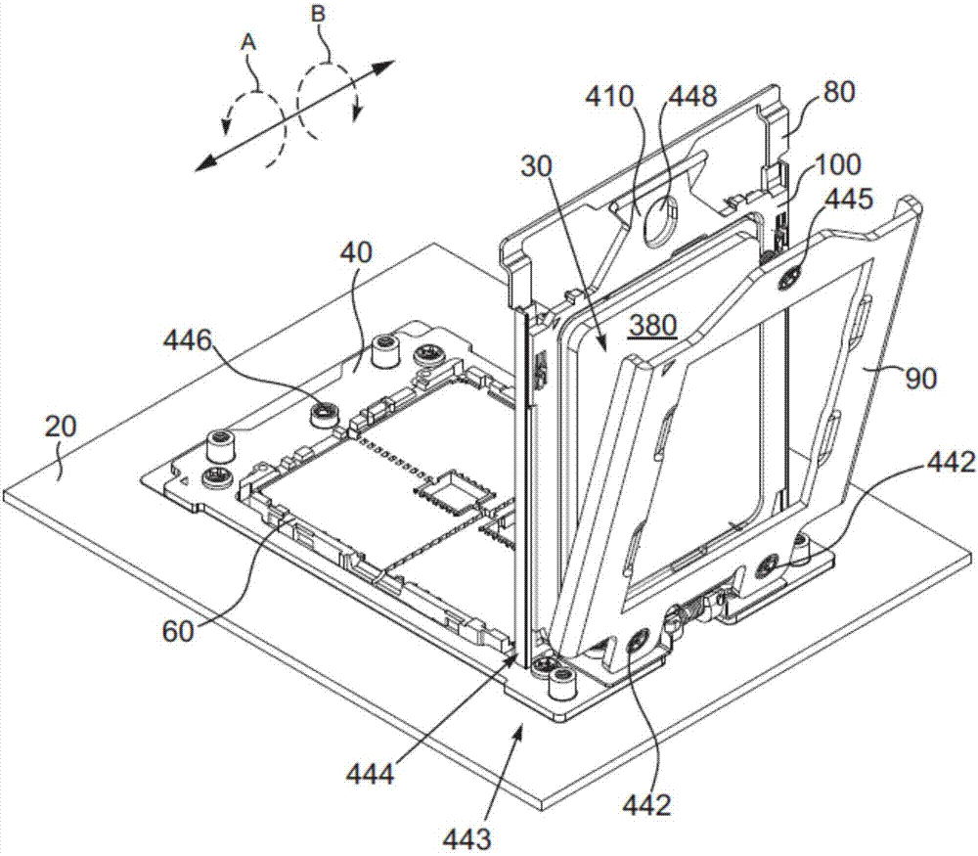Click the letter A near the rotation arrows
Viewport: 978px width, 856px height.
[x=248, y=43]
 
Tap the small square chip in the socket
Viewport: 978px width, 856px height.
[x=448, y=494]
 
